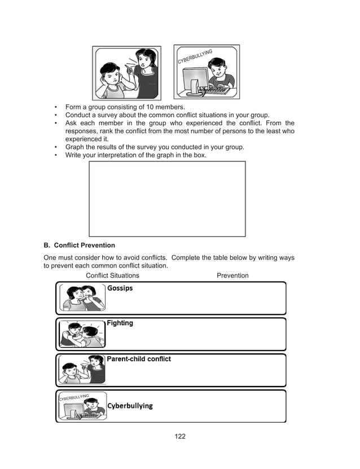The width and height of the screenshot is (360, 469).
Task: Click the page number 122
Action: (x=180, y=436)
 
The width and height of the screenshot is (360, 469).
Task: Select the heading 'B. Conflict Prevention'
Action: (x=79, y=246)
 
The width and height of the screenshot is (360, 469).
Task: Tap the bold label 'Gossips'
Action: (x=120, y=288)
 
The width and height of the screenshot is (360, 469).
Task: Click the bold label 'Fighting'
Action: (x=120, y=323)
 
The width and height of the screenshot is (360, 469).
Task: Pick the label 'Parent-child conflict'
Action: (x=139, y=359)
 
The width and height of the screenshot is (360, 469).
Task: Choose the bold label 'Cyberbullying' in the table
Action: (x=130, y=406)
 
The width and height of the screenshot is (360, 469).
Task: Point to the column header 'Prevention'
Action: (x=232, y=275)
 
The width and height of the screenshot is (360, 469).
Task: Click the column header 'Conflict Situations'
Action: (x=112, y=275)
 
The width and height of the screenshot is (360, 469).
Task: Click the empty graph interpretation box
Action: (x=167, y=199)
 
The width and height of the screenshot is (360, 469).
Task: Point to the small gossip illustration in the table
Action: (x=82, y=298)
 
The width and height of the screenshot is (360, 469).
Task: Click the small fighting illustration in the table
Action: (x=82, y=334)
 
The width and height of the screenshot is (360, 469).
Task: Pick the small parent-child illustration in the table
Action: (x=82, y=370)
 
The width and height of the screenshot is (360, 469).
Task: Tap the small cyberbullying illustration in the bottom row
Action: (x=82, y=406)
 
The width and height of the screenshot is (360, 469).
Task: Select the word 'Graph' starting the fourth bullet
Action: (x=76, y=147)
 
